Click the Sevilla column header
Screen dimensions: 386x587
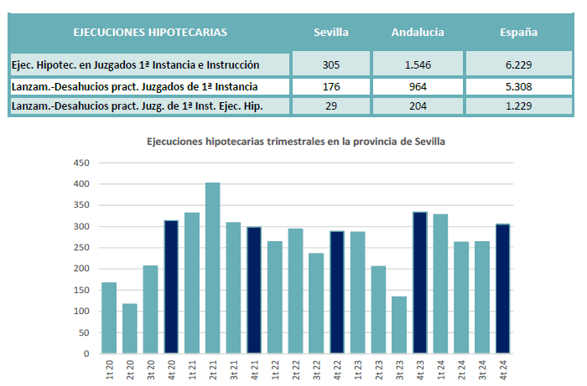coord(330,33)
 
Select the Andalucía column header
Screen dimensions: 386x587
coord(417,33)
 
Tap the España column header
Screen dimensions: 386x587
coord(518,33)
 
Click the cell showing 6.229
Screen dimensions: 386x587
coord(518,64)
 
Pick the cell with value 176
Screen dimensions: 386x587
coord(330,86)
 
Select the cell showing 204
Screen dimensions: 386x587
coord(417,106)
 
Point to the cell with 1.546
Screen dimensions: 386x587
coord(417,64)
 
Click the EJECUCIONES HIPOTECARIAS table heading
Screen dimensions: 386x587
coord(150,33)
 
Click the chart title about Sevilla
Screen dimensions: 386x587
coord(295,142)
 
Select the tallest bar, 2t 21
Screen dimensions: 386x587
coord(213,268)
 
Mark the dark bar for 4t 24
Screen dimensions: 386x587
coord(503,288)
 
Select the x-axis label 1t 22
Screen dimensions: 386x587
coord(275,369)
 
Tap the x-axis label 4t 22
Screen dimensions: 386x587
coord(337,369)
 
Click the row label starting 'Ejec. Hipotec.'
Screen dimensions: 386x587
coord(135,64)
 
